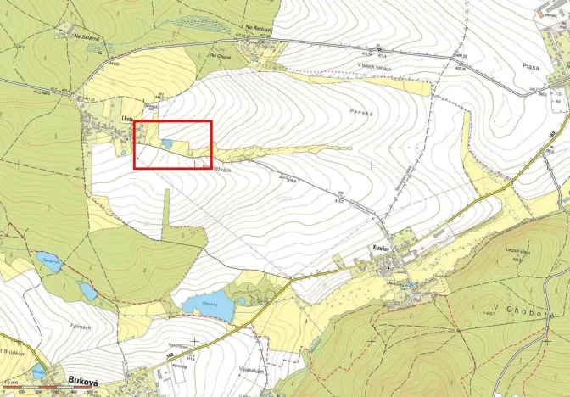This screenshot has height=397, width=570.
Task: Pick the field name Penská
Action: tap(361, 111)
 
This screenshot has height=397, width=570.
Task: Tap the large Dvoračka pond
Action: tap(207, 307)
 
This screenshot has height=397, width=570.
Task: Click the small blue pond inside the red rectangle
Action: tap(170, 144)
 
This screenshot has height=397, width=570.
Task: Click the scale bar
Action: tap(51, 390)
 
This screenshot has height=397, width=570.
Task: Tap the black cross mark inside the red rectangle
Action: tap(196, 163)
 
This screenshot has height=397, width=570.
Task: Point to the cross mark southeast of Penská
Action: tap(371, 163)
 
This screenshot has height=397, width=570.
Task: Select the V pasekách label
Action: tap(252, 370)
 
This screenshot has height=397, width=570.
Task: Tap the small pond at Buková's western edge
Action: tap(37, 371)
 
